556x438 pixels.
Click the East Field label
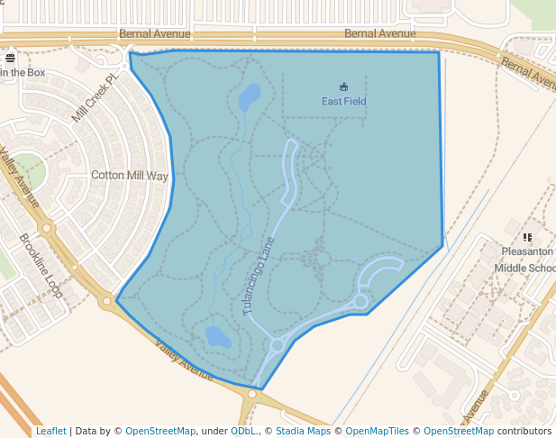coord(344,102)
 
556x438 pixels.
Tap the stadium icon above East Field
coord(343,87)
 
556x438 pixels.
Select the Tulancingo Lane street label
coord(258,276)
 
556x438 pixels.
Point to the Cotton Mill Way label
coord(130,177)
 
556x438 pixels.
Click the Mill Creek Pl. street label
coord(96,99)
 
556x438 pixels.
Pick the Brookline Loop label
coord(41,266)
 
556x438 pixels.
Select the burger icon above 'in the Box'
coord(11,59)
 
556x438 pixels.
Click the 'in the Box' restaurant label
coord(23,72)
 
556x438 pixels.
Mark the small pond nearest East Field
coord(250,96)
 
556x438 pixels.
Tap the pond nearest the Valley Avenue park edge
coord(217,337)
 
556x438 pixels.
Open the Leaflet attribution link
coord(50,432)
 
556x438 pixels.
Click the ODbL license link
coord(242,432)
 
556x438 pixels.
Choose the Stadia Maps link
coord(303,432)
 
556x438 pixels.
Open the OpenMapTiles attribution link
coord(377,432)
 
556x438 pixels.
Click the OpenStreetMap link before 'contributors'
coord(458,432)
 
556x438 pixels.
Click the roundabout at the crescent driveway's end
coord(360,301)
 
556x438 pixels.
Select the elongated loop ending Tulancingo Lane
coord(290,171)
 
